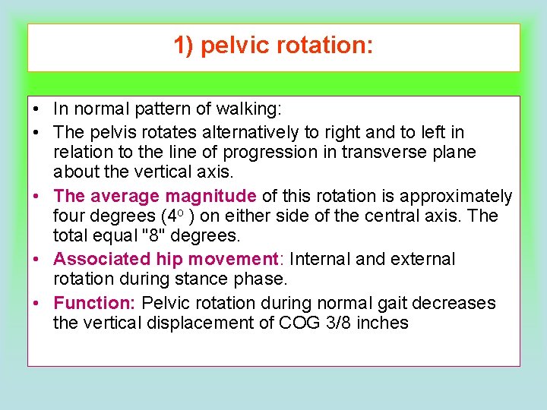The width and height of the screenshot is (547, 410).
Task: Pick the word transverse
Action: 382,152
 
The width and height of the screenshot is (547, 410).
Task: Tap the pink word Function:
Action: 94,303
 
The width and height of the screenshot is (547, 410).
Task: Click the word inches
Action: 385,323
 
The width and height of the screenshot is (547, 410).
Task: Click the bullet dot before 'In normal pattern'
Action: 37,112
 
